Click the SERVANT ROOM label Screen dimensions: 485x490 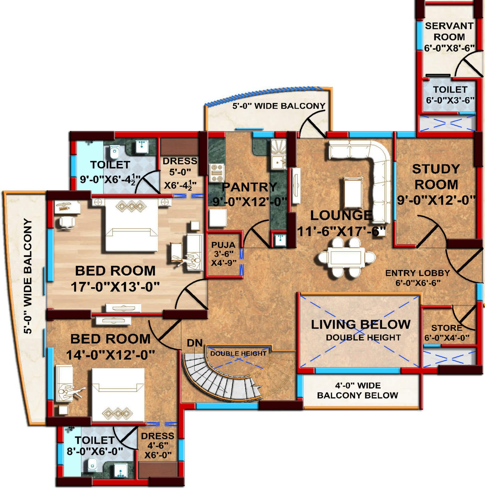click(x=449, y=31)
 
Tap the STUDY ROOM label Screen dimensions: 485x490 click(x=436, y=177)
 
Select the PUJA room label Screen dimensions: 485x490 click(x=223, y=245)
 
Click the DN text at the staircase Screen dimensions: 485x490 click(x=195, y=343)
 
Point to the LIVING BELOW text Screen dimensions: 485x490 click(x=361, y=324)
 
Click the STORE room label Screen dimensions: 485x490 click(x=447, y=328)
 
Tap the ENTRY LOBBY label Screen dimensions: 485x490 click(x=417, y=273)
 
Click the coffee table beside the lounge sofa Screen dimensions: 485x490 click(x=353, y=193)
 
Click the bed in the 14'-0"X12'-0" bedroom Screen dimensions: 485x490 click(x=118, y=395)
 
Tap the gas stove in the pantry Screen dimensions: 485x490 click(x=216, y=173)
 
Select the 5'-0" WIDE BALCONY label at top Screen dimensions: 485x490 click(x=279, y=106)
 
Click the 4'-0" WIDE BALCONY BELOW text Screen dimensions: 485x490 click(x=358, y=390)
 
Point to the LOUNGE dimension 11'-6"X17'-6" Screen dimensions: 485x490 click(x=341, y=232)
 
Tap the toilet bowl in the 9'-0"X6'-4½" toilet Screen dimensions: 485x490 click(x=115, y=153)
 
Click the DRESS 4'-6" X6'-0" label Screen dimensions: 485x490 click(x=158, y=445)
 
